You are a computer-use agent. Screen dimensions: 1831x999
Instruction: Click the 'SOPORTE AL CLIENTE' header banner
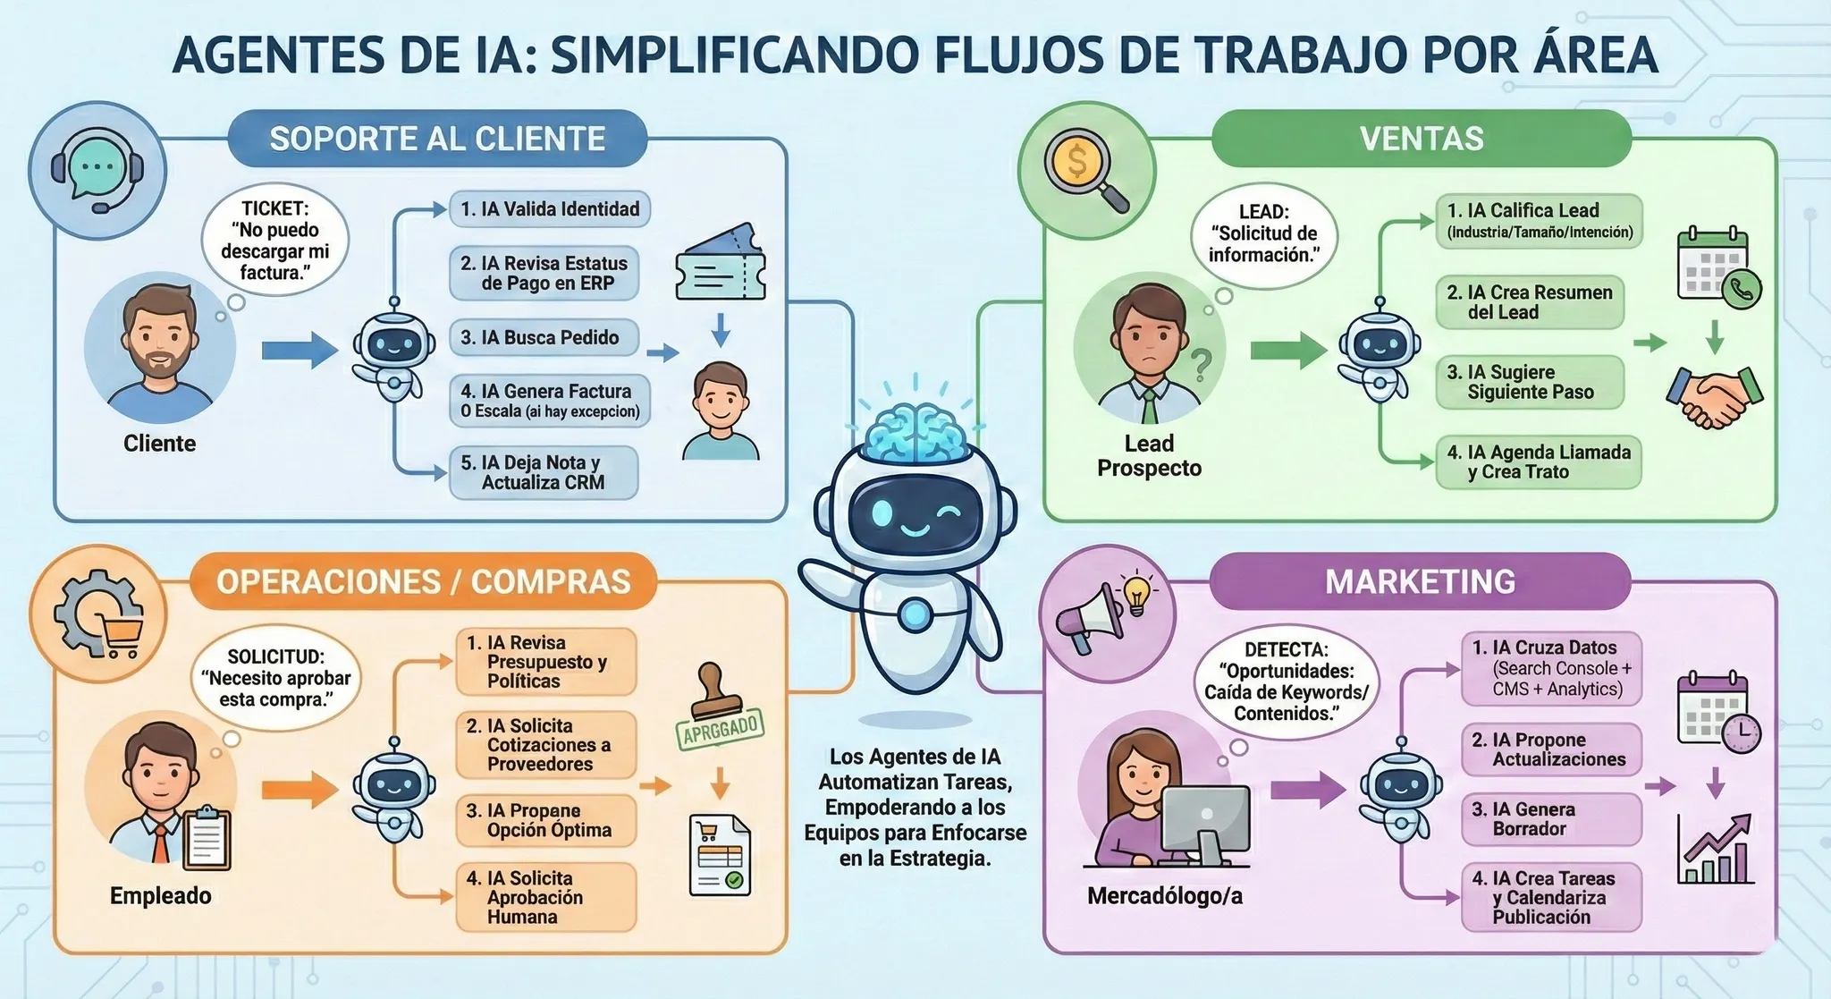coord(437,139)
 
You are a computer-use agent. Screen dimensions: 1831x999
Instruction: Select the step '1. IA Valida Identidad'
coord(549,209)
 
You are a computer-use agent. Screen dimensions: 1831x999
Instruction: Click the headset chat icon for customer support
coord(97,170)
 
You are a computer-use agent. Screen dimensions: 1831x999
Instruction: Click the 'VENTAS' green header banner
coord(1421,139)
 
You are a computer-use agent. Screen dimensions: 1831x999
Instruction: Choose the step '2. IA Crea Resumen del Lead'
coord(1529,302)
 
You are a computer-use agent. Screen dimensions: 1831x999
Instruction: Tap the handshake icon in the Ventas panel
coord(1714,398)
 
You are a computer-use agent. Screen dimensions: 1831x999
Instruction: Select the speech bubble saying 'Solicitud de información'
coord(1263,234)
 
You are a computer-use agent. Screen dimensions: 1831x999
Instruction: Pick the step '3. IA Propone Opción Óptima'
coord(546,820)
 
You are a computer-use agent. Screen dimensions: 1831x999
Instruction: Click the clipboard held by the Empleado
coord(207,838)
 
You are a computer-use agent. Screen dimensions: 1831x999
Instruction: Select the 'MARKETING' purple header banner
coord(1420,581)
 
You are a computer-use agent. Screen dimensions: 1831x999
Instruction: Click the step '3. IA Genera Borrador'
coord(1551,819)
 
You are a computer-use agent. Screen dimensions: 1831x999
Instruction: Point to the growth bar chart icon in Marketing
coord(1714,850)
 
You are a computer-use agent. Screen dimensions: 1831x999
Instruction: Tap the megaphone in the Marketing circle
coord(1090,617)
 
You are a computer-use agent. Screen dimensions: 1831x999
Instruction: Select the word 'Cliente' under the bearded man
coord(159,444)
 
